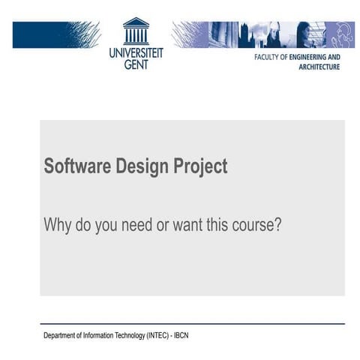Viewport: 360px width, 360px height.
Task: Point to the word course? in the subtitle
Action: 256,224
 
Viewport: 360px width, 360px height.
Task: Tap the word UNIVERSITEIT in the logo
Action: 136,53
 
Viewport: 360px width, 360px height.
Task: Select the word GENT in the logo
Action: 136,64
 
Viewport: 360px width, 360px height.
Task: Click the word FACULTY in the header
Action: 265,56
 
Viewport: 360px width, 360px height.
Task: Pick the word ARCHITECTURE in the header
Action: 319,67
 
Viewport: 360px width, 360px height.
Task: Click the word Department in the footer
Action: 59,335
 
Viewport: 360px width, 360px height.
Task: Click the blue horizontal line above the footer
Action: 192,324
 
